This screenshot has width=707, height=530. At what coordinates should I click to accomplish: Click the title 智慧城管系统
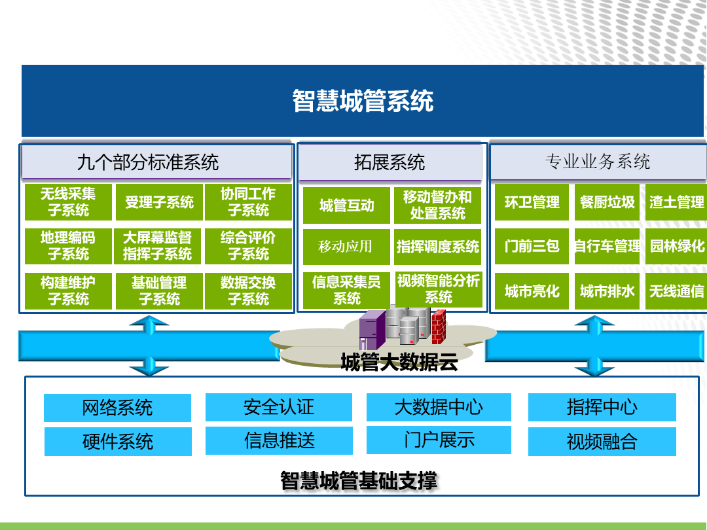363,101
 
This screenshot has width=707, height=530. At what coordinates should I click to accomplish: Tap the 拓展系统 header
390,162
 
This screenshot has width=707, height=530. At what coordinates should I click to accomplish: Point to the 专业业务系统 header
598,162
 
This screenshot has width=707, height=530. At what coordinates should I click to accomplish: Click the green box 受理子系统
159,202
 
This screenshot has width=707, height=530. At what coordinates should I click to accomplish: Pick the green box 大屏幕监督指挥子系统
159,246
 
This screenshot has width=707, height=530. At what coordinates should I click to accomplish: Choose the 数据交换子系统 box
249,291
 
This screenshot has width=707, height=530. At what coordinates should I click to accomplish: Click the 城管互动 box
346,205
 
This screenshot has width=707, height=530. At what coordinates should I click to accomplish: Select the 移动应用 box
346,247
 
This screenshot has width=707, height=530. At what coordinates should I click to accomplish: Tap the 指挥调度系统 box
438,247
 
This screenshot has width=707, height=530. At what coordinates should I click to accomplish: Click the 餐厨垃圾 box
607,202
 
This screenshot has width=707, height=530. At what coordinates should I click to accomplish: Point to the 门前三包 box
532,246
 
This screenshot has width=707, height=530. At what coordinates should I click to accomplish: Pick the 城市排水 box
607,291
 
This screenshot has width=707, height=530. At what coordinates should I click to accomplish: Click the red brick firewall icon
439,327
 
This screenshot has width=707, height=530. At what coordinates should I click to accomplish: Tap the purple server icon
372,330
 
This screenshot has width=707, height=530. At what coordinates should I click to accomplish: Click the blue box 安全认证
279,408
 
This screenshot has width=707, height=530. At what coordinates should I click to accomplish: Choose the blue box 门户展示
439,440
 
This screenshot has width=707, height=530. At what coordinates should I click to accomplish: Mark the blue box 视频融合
602,442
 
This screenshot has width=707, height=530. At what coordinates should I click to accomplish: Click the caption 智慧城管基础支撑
359,481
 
